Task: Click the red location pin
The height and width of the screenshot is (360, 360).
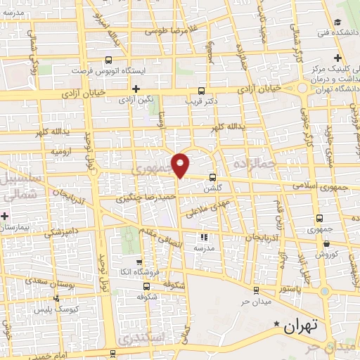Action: (x=181, y=165)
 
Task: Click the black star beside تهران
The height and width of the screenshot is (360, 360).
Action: (x=276, y=324)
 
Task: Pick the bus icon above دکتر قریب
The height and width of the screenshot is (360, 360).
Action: (x=202, y=91)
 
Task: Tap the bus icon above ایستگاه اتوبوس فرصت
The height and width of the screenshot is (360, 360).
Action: (x=108, y=60)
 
